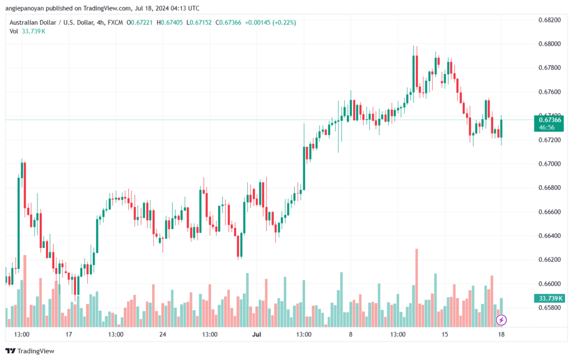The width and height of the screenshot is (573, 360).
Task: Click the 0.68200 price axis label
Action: (x=549, y=20)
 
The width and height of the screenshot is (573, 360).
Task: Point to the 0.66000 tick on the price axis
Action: (x=549, y=283)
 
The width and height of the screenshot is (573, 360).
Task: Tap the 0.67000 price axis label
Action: (x=549, y=163)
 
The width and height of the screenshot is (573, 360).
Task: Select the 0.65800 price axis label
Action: (x=549, y=307)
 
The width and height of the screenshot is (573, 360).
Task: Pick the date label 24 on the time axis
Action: (x=163, y=334)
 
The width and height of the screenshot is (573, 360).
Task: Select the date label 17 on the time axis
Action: (x=69, y=334)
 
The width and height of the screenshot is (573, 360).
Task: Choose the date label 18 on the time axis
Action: (x=502, y=334)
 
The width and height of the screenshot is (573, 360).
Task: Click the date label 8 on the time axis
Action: (x=351, y=334)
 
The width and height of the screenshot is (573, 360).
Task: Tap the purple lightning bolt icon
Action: (x=502, y=320)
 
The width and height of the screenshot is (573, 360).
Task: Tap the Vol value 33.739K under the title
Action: (x=33, y=31)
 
